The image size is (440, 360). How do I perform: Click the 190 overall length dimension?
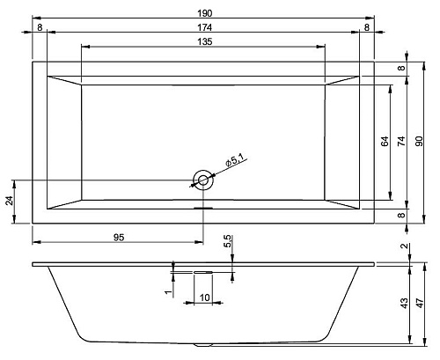point(204,13)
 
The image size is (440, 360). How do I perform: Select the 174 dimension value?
point(204,27)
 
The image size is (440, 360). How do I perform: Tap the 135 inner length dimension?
point(204,41)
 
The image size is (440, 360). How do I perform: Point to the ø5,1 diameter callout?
point(235,160)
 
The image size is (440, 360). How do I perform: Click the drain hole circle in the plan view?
point(203,180)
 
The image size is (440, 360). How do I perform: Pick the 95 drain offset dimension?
point(119,237)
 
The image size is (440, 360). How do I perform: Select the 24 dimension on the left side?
point(10,201)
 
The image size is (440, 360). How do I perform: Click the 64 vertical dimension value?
point(385,141)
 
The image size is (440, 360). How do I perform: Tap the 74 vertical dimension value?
point(401,141)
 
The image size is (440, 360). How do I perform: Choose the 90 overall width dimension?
point(419,141)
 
